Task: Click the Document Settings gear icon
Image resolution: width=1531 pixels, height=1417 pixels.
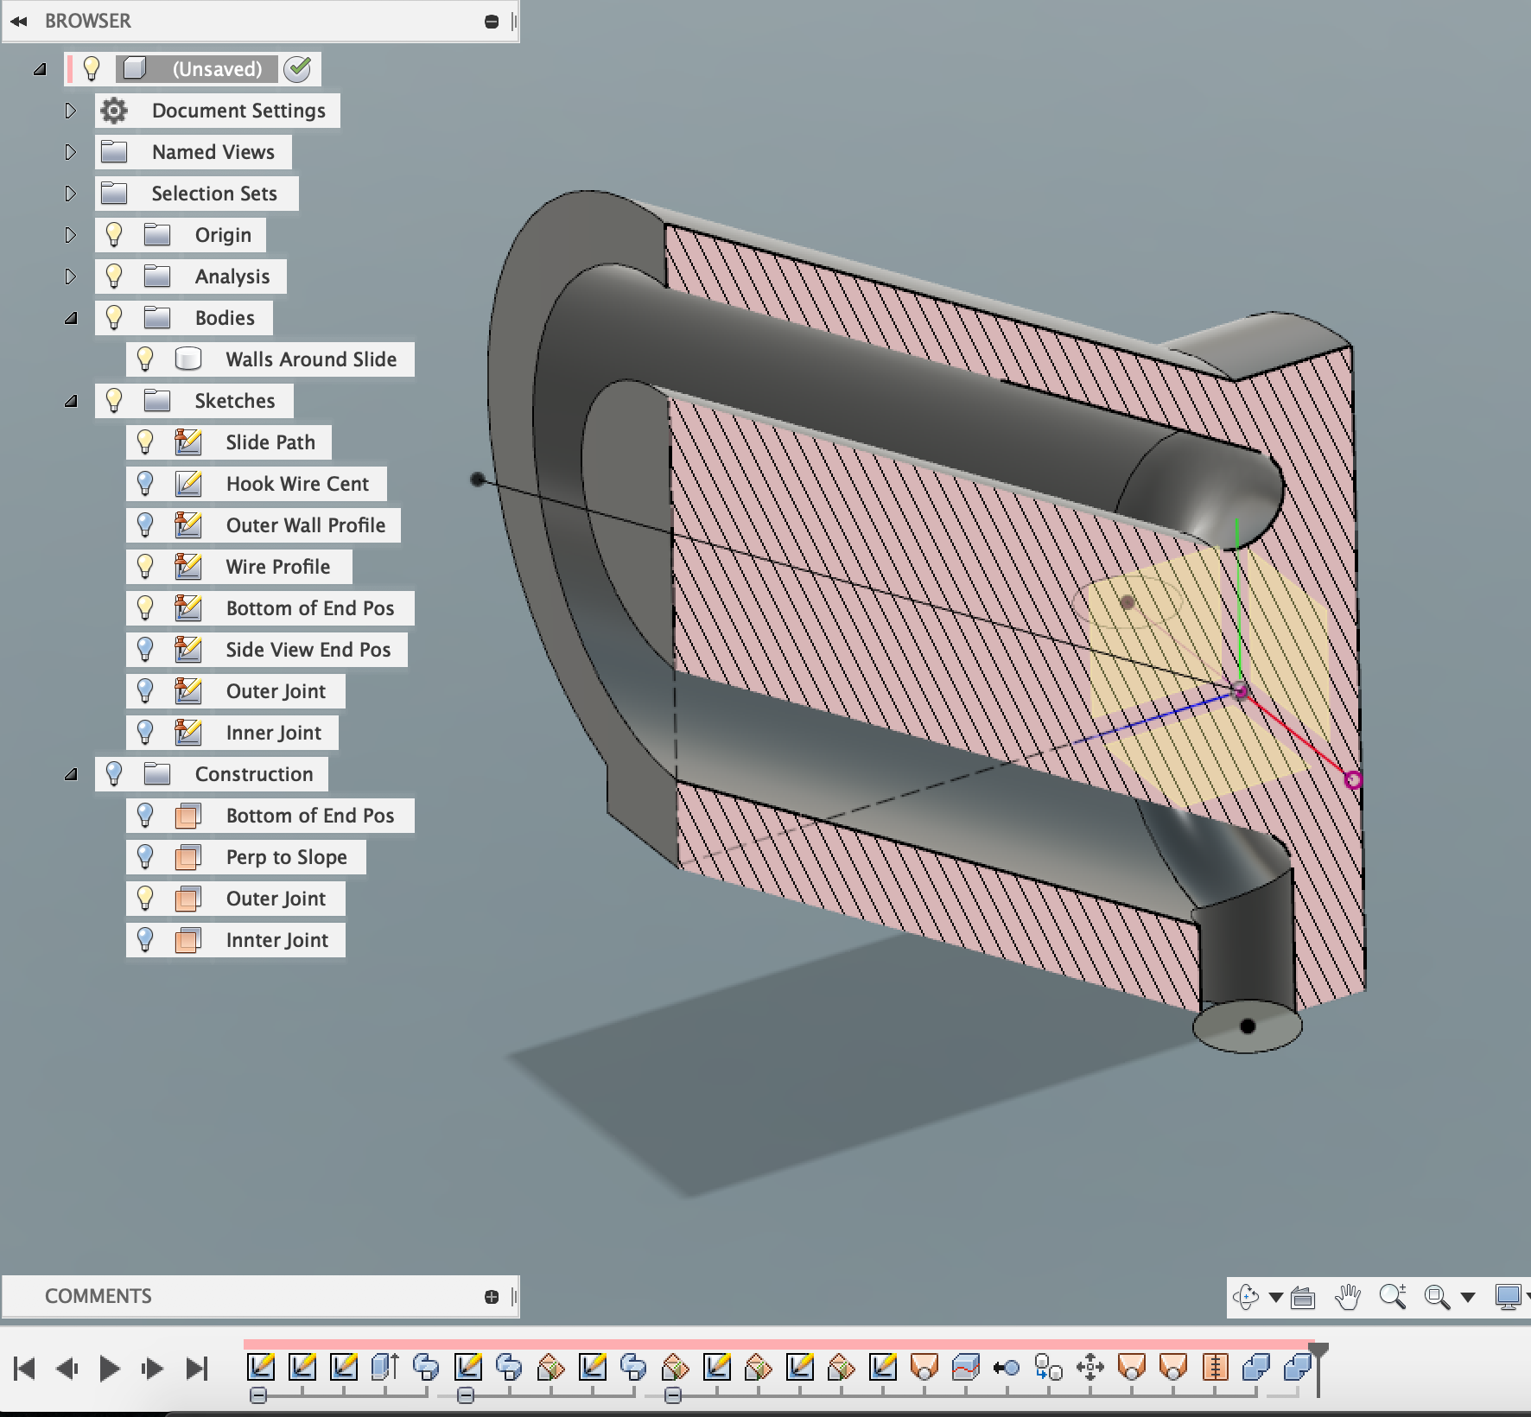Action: pos(113,111)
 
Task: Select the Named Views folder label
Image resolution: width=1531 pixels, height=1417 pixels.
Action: pos(213,152)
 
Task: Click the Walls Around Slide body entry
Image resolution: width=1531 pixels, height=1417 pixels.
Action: pos(311,359)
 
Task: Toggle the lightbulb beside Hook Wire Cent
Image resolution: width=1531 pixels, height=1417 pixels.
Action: pos(145,484)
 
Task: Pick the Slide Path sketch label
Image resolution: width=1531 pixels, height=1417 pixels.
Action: pos(270,442)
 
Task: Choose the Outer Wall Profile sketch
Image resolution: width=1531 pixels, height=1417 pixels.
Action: pos(305,525)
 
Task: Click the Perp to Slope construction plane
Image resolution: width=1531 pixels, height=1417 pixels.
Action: pos(286,857)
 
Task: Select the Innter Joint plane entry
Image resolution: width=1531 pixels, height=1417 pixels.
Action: pos(276,940)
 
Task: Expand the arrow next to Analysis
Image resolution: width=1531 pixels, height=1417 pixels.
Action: pos(71,276)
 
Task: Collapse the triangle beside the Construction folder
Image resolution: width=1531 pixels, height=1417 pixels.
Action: pos(71,774)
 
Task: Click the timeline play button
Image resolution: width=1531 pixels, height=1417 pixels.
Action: pos(109,1369)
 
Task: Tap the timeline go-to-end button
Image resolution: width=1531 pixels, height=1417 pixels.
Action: pos(197,1369)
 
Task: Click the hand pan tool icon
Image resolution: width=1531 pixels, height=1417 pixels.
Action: pos(1347,1297)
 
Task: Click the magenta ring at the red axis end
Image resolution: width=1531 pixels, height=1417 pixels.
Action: pos(1353,780)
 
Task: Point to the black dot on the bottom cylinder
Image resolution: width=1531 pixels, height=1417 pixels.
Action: pos(1247,1026)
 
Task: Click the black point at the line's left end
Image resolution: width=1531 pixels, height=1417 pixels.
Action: pos(477,479)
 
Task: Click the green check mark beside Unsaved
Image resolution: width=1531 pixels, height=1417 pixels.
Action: pos(297,69)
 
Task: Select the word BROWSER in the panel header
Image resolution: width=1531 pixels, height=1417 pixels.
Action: pos(88,21)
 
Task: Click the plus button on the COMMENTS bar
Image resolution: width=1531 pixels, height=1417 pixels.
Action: pos(492,1296)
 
